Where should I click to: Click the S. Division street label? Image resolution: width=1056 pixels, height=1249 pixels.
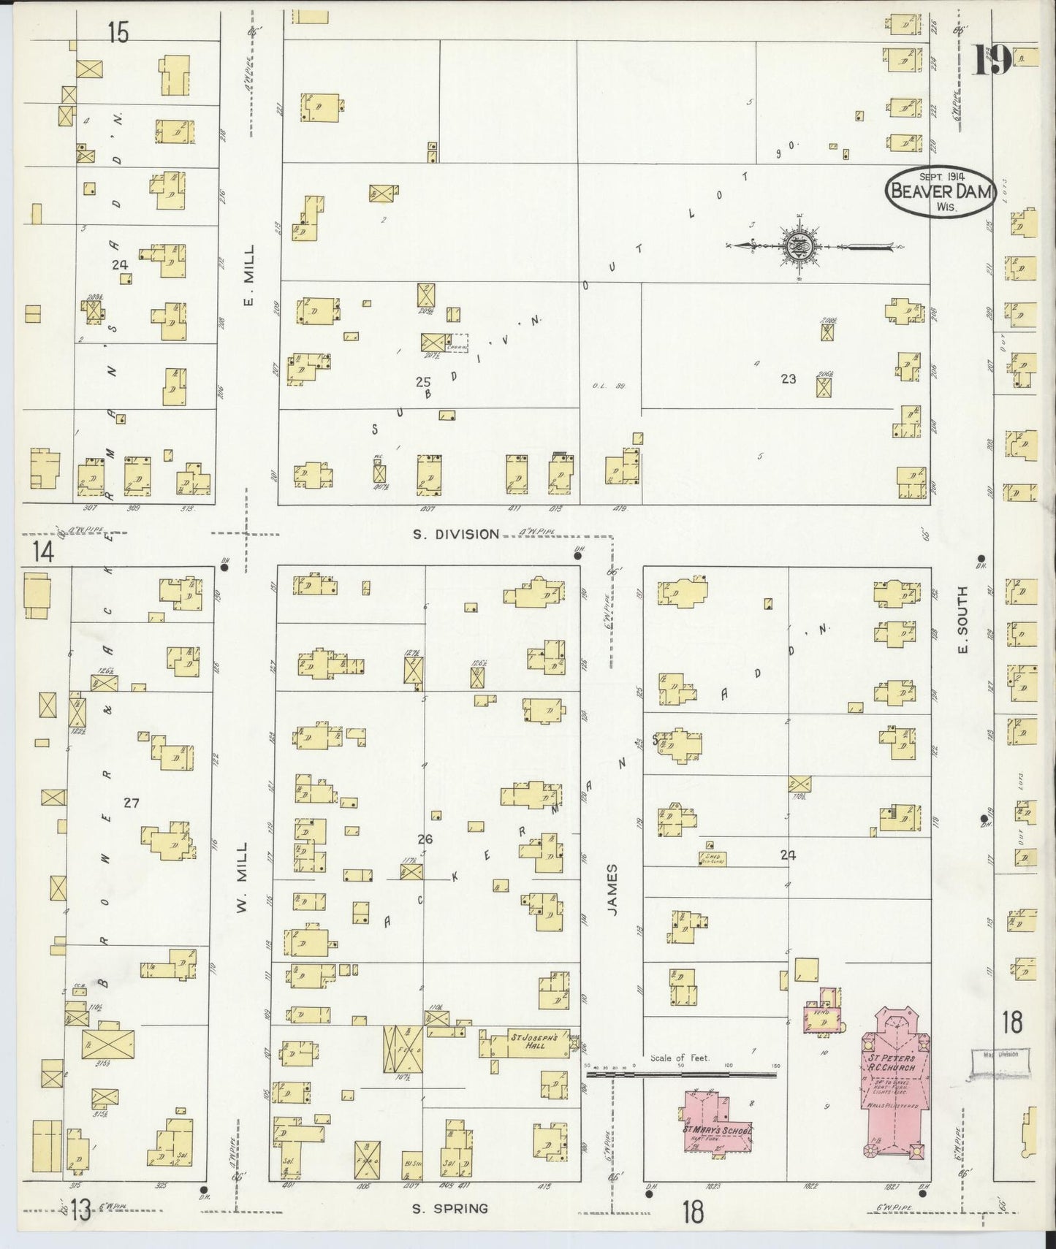point(456,534)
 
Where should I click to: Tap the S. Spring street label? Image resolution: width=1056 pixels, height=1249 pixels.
point(449,1208)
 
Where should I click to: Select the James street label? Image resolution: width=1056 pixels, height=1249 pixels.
point(612,890)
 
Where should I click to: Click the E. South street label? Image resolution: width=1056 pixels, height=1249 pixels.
point(962,619)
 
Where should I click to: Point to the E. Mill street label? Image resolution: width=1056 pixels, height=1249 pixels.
point(249,275)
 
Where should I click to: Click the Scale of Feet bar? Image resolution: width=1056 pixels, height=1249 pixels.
point(681,1074)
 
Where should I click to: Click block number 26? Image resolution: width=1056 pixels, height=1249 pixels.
point(425,839)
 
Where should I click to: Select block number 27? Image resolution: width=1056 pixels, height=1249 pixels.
point(131,803)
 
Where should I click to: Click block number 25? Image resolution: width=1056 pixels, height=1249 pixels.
point(422,381)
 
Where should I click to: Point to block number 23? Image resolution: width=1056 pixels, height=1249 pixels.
point(788,378)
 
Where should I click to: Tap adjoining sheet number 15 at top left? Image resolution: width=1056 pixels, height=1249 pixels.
point(118,32)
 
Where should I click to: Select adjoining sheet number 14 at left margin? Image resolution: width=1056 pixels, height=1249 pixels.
point(43,552)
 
